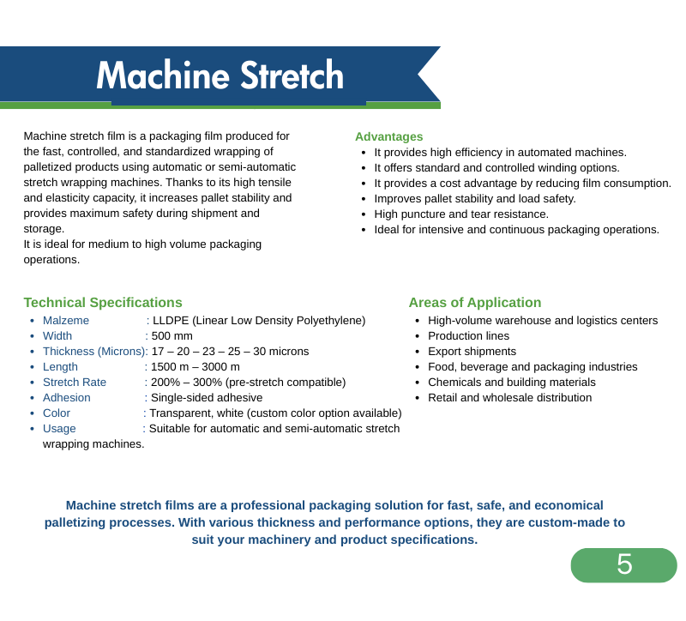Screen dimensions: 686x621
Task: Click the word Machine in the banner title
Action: pos(163,75)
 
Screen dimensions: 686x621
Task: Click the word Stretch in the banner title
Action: pos(292,75)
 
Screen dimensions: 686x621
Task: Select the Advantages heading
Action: pos(389,136)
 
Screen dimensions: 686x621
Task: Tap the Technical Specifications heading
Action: pos(103,303)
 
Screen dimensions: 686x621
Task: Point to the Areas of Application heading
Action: pos(475,303)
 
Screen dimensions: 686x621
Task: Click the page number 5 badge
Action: pos(624,565)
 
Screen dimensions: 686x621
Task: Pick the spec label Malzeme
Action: pos(66,320)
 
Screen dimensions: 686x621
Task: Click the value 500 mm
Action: pos(172,336)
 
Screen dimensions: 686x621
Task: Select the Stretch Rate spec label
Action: pos(75,383)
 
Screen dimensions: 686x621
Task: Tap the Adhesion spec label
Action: pos(67,398)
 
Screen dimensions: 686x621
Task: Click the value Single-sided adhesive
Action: pos(207,398)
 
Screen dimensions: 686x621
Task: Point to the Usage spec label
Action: pos(59,429)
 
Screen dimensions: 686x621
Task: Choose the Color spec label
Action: pos(57,413)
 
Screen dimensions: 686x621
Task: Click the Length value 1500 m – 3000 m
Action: pos(196,367)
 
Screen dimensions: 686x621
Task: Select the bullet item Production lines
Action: pos(468,336)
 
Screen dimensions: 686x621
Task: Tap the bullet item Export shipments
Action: pos(472,352)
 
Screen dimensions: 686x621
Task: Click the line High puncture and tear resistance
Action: pos(461,214)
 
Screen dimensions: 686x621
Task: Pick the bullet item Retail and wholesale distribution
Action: pos(509,398)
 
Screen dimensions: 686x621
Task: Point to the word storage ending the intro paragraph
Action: pos(44,229)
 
